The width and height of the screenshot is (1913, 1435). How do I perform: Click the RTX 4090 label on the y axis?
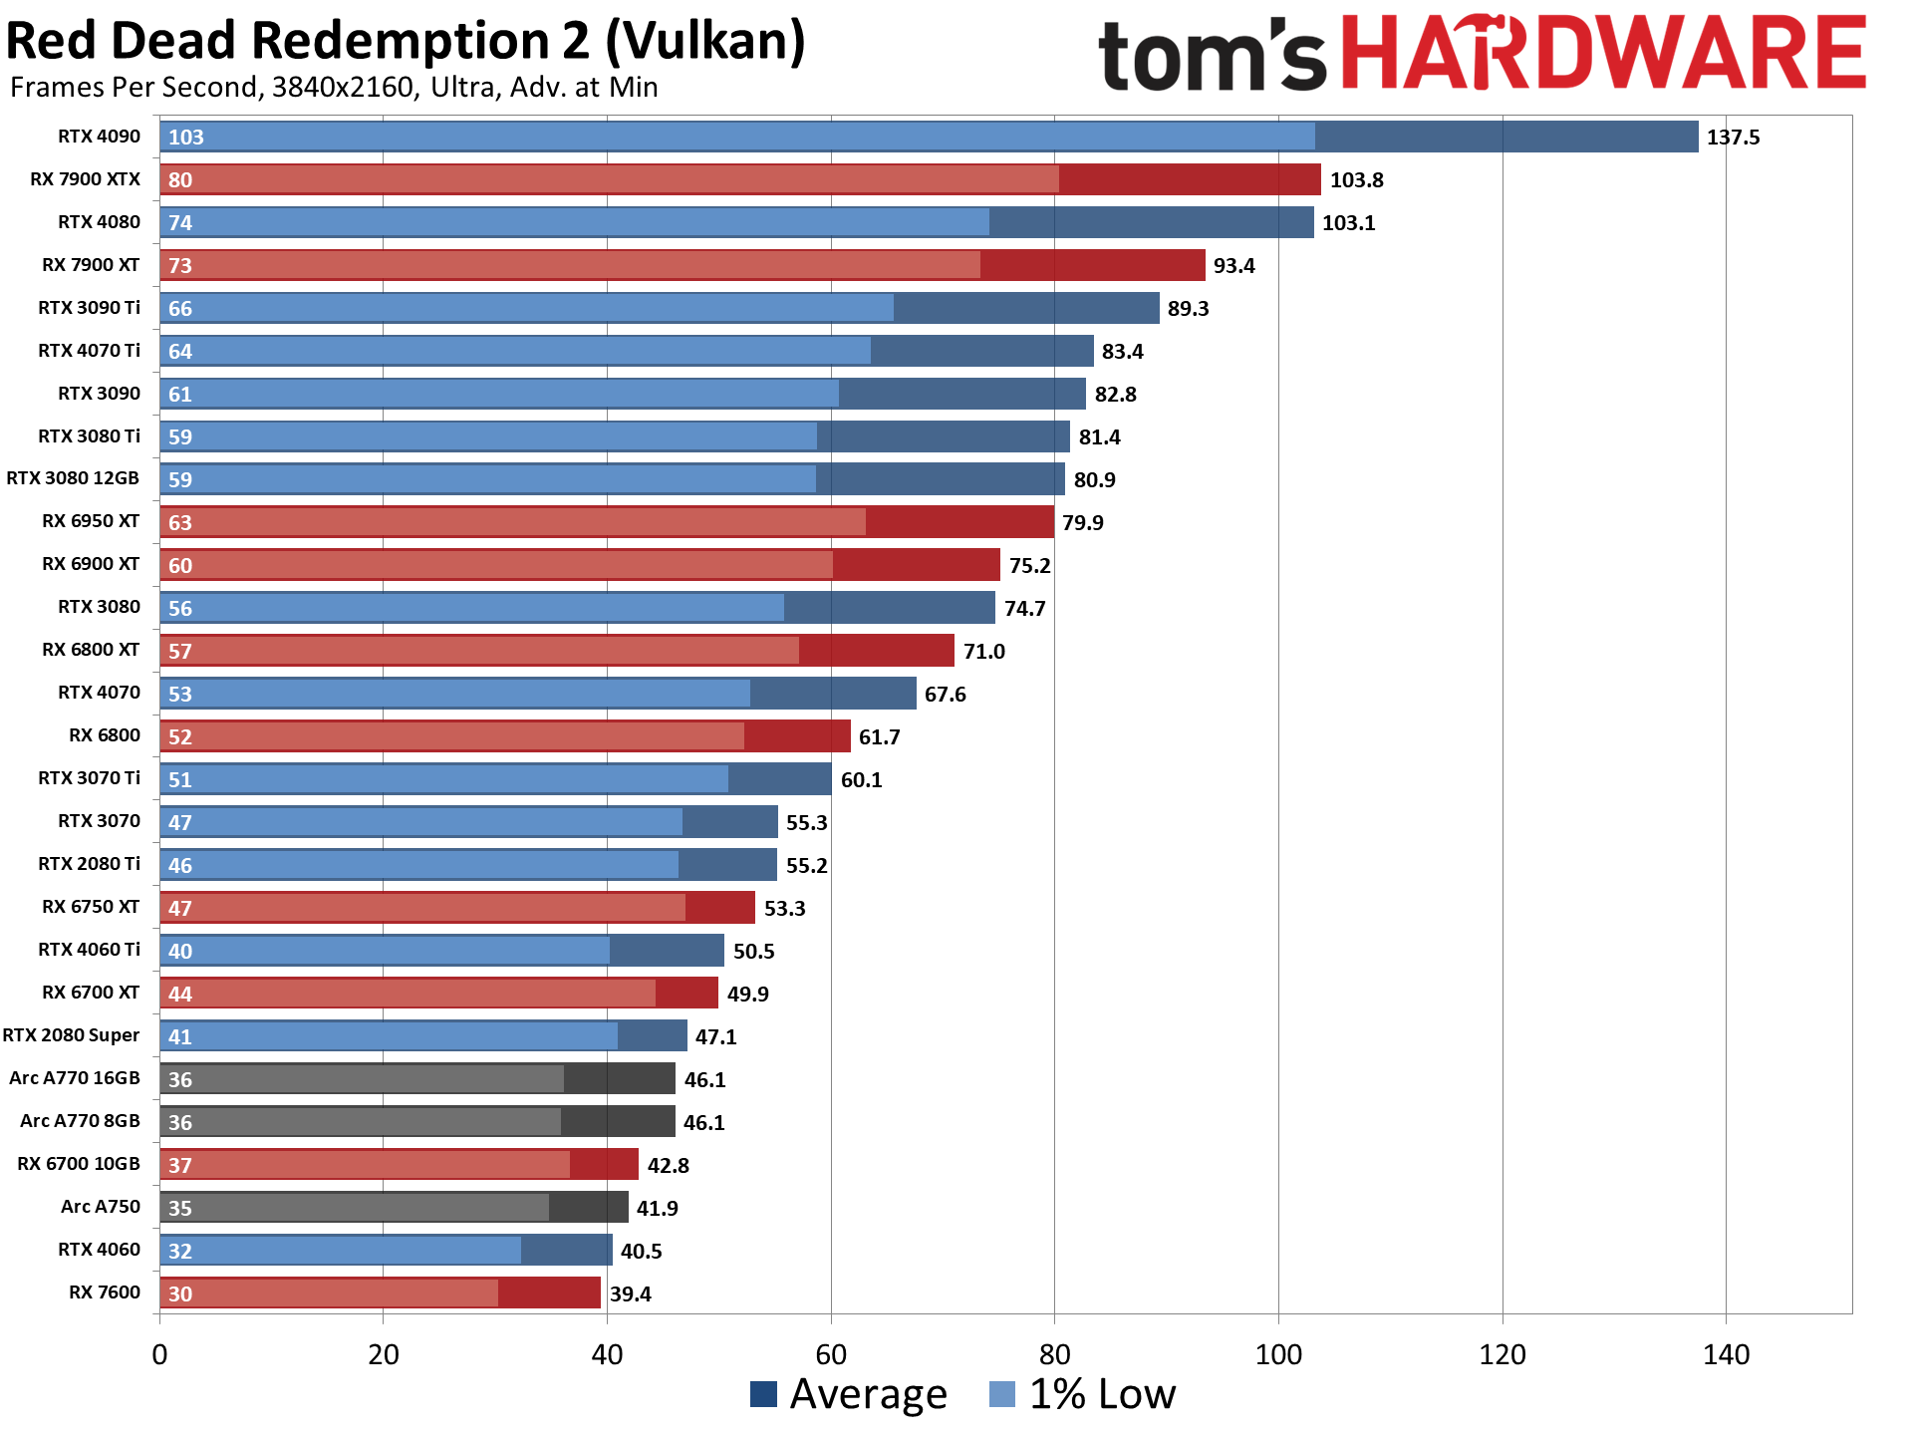(x=99, y=137)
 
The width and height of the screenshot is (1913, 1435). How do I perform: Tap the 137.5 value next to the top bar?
(x=1733, y=138)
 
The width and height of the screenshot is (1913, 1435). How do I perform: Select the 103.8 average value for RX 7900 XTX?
(x=1356, y=180)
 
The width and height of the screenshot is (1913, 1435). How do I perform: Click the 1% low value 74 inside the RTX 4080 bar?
(x=180, y=223)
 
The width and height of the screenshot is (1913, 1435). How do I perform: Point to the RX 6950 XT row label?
(x=91, y=521)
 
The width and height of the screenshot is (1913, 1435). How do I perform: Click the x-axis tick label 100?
(x=1278, y=1355)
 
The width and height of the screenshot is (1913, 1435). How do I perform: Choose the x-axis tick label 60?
(x=831, y=1355)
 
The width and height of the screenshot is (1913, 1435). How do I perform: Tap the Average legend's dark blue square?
(x=763, y=1394)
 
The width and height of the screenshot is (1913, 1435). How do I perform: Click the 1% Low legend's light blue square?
(x=1002, y=1394)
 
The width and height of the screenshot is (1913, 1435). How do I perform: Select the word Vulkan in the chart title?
(x=704, y=42)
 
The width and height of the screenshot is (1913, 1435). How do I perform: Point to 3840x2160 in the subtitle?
(x=343, y=88)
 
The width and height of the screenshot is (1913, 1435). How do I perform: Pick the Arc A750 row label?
(x=101, y=1207)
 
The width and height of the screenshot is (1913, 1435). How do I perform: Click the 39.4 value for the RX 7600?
(x=630, y=1294)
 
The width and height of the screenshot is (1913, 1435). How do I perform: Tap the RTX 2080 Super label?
(x=71, y=1035)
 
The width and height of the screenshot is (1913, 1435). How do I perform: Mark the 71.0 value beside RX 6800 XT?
(x=983, y=652)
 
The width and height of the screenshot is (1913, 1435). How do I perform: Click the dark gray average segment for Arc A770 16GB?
(x=619, y=1079)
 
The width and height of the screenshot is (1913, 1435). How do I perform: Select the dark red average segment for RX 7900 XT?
(x=1092, y=265)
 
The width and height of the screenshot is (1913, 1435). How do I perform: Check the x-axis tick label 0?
(x=159, y=1355)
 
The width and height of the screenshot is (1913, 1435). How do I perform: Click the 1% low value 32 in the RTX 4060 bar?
(x=180, y=1252)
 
